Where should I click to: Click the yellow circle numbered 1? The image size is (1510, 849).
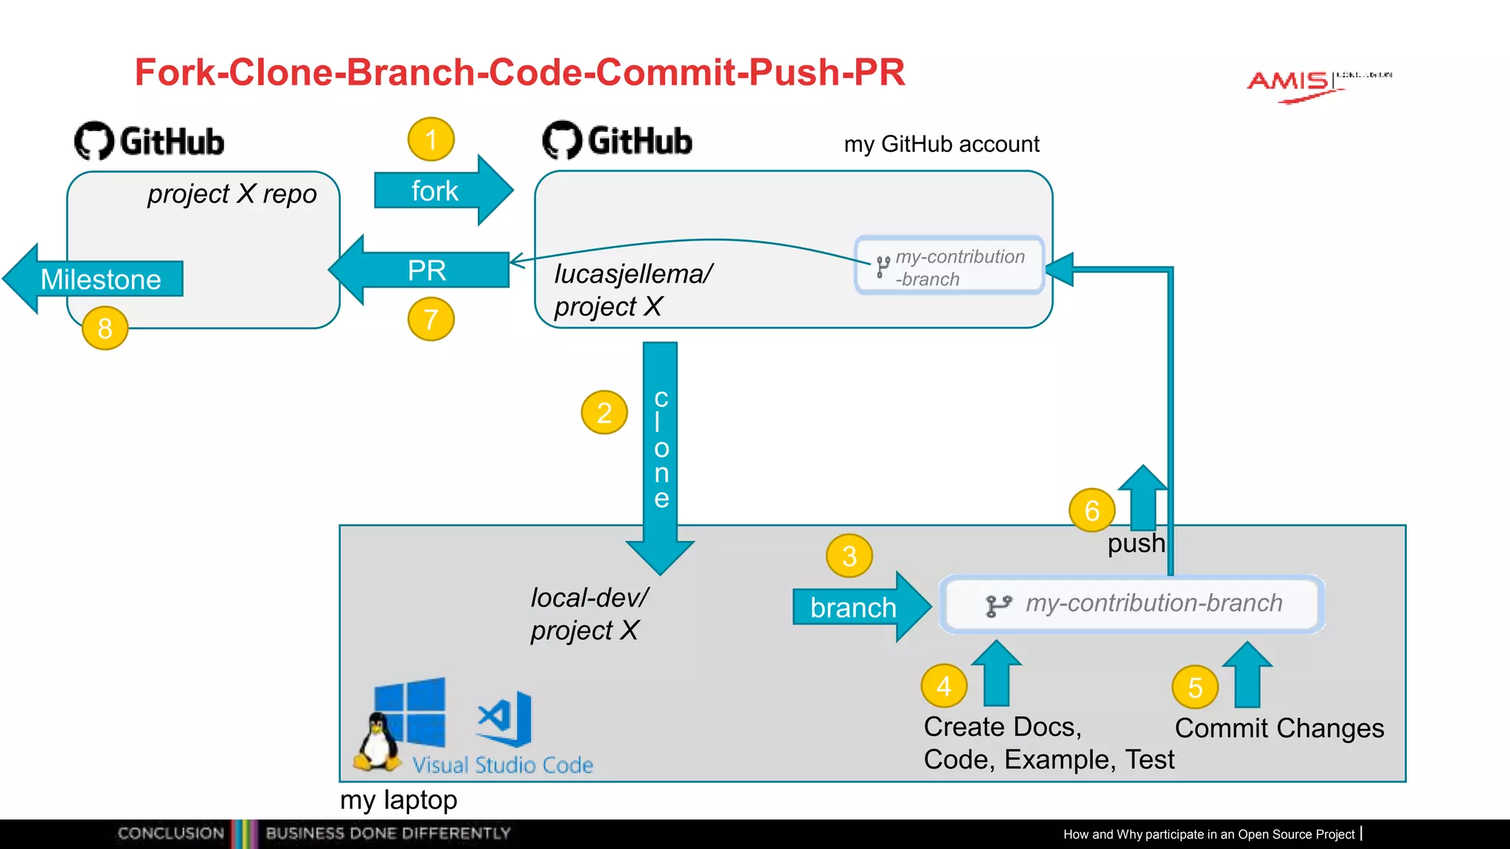[431, 139]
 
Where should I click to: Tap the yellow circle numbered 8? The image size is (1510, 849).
[105, 328]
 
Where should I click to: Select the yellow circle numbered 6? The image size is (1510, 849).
[1092, 510]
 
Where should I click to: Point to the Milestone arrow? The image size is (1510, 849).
[96, 279]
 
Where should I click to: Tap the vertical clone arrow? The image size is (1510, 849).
[660, 450]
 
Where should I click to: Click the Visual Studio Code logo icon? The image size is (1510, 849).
[505, 718]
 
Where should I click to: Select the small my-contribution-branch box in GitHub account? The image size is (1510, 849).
[950, 266]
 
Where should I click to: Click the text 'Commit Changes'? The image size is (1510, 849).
[1279, 728]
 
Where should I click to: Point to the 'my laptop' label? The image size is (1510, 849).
[398, 800]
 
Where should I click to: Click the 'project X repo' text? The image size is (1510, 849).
[232, 194]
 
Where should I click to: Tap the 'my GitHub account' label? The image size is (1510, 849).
[942, 144]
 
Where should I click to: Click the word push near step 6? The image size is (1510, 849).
[1135, 544]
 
